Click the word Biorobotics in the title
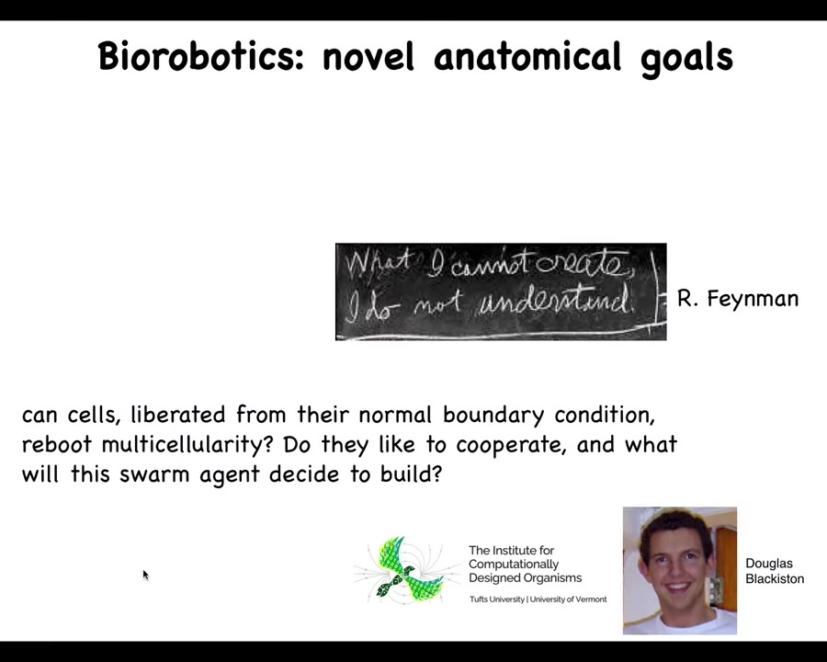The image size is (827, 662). pyautogui.click(x=201, y=56)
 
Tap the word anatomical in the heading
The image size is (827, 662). pyautogui.click(x=527, y=56)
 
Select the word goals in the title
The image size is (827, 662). pyautogui.click(x=686, y=59)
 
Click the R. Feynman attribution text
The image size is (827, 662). pyautogui.click(x=738, y=299)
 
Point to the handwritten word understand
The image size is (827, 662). pyautogui.click(x=557, y=302)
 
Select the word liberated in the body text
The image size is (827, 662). pyautogui.click(x=178, y=414)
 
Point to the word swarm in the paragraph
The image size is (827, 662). pyautogui.click(x=154, y=474)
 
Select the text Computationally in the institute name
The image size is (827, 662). pyautogui.click(x=514, y=565)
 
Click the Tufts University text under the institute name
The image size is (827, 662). pyautogui.click(x=497, y=599)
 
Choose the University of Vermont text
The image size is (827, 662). pyautogui.click(x=568, y=599)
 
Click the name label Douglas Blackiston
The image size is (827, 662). pyautogui.click(x=775, y=571)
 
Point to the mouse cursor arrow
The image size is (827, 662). pyautogui.click(x=146, y=576)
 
